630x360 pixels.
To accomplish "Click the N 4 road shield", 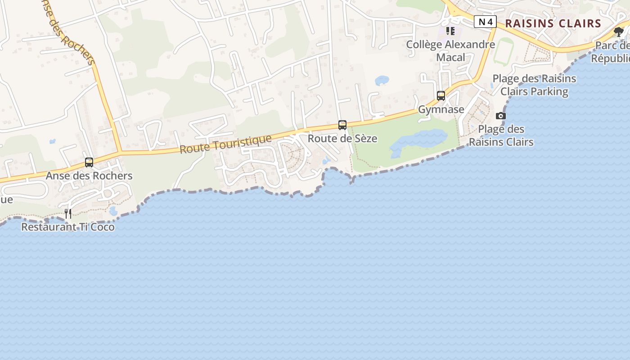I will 485,22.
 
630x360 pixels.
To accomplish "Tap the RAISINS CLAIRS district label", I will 553,23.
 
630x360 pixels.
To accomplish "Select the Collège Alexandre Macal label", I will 450,51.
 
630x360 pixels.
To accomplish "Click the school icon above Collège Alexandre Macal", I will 450,31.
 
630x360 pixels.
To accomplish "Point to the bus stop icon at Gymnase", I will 441,96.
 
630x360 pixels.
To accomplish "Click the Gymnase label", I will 441,109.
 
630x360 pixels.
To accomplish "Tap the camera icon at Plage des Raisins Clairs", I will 501,116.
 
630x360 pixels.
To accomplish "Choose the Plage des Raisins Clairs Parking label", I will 534,85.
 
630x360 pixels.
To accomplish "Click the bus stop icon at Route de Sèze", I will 342,125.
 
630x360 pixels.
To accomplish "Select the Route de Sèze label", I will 342,139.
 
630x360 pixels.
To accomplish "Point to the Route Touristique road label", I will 226,144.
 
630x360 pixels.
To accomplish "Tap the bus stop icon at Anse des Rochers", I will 89,162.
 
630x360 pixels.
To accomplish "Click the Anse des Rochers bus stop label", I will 89,175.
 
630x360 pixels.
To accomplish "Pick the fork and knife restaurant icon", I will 68,213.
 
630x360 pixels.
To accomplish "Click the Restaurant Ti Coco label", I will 68,227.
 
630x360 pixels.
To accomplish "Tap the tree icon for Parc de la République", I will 619,31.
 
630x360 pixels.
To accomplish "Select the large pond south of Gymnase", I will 418,140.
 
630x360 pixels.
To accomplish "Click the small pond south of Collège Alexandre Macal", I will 382,81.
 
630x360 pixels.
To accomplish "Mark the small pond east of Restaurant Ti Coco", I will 113,211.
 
